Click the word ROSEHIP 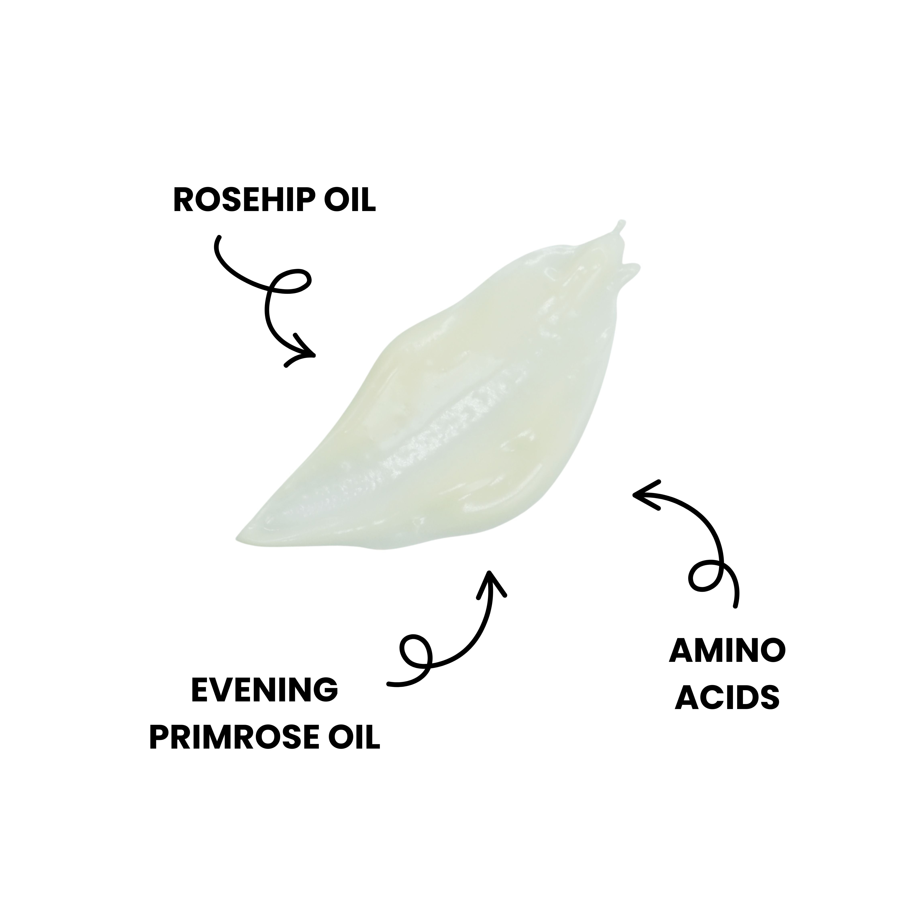[246, 200]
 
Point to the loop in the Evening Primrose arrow [416, 651]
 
